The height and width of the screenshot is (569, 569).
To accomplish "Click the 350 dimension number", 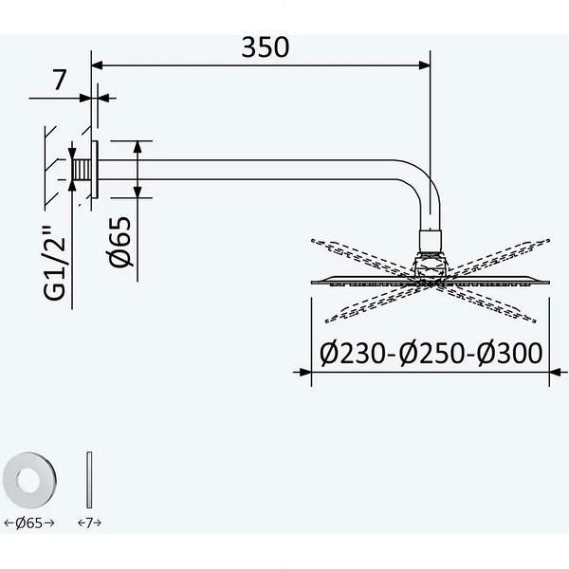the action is [x=266, y=47].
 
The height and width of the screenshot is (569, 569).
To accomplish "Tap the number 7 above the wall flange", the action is [x=60, y=80].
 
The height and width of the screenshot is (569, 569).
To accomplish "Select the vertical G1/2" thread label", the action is [x=54, y=263].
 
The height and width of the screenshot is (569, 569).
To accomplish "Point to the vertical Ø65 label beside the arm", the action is [x=120, y=242].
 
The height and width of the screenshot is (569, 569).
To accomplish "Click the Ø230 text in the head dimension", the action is [x=353, y=354].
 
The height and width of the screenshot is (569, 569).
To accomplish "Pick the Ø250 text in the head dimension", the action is [x=431, y=354].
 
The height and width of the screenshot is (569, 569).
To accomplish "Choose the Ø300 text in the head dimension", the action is [x=510, y=354].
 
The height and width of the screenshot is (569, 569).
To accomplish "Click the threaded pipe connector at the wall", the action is [x=82, y=170].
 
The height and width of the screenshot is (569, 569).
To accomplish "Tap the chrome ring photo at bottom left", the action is [x=29, y=480].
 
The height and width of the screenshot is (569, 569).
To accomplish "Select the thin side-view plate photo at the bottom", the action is [x=89, y=480].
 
